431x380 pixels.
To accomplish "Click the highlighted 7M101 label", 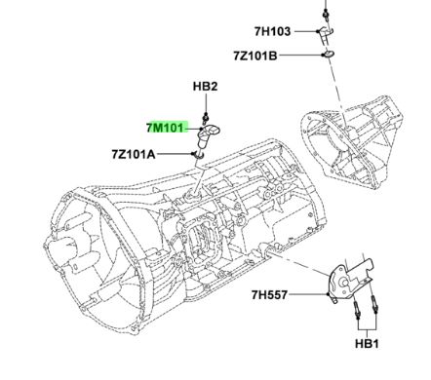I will (x=166, y=127).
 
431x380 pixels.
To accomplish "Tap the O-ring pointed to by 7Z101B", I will (x=328, y=55).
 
